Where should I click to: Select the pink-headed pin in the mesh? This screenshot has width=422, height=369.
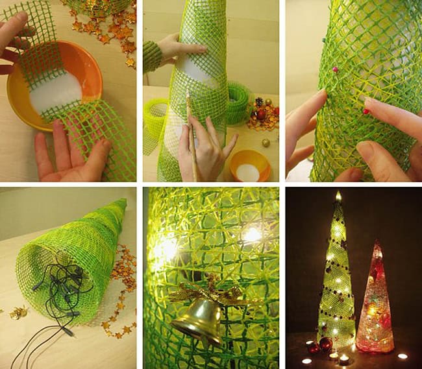[x=336, y=69]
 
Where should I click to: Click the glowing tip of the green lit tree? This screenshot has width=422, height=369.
[x=338, y=195]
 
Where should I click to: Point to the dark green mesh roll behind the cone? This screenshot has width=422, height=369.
[x=238, y=104]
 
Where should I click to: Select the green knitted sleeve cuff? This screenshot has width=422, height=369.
[x=151, y=55]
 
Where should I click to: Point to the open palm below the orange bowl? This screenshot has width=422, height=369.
[x=68, y=156]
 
